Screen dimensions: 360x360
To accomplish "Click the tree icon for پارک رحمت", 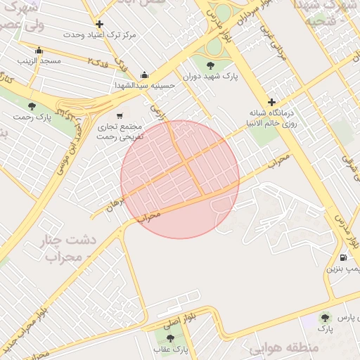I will [x=32, y=105].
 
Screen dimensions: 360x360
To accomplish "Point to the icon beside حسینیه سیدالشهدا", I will [x=145, y=75].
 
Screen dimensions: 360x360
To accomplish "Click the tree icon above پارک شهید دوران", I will [x=211, y=65].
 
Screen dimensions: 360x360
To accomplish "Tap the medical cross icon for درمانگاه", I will [x=272, y=102].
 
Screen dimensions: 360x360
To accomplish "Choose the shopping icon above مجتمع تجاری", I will [x=120, y=116].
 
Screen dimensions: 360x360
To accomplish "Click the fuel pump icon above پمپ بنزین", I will [x=342, y=257].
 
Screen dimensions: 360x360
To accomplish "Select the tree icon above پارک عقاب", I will [x=169, y=338].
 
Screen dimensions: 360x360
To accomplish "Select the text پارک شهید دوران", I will [x=211, y=77].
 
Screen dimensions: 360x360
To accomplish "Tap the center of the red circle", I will [x=180, y=179].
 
